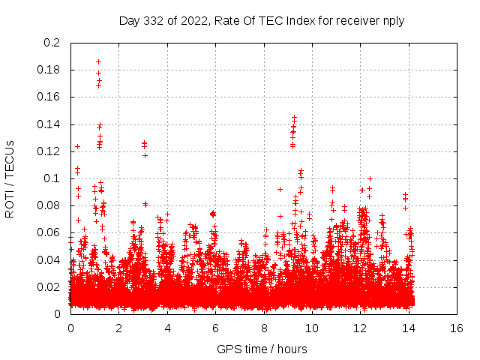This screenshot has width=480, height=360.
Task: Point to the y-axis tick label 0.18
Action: point(51,70)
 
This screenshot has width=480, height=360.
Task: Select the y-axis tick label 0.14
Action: point(51,124)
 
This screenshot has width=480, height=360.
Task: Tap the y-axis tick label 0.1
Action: point(54,178)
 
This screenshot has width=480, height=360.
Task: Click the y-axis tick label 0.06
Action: point(51,232)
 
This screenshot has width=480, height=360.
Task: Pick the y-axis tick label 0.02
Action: point(51,286)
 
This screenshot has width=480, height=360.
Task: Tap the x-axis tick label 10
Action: point(312,328)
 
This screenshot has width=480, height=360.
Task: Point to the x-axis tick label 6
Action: point(215,328)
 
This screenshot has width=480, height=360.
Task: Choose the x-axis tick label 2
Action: point(118,328)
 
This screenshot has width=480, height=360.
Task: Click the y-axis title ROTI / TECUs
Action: point(10,178)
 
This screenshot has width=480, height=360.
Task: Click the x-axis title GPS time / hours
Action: point(262,349)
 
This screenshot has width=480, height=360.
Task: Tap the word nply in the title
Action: point(394,20)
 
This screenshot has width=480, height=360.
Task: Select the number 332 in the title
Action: point(155,20)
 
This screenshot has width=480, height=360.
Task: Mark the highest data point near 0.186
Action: point(98,62)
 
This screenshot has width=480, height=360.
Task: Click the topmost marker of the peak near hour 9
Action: point(294,118)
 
